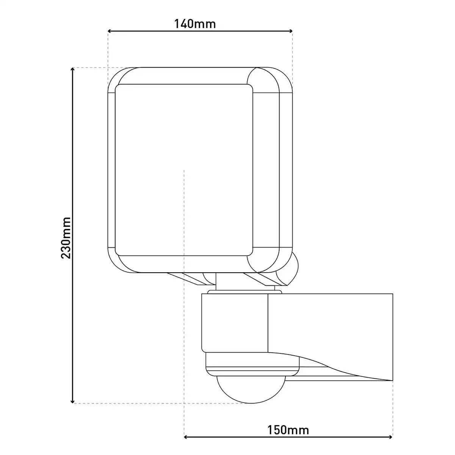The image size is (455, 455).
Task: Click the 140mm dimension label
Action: [195, 24]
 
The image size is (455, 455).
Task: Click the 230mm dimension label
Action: [66, 238]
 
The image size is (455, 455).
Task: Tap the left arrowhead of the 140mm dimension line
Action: [110, 31]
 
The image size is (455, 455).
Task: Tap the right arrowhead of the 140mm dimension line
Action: [291, 31]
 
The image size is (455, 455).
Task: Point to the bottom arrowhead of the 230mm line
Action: [73, 402]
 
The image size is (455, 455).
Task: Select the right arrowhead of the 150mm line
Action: [390, 437]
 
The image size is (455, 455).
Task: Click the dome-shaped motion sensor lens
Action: [251, 389]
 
